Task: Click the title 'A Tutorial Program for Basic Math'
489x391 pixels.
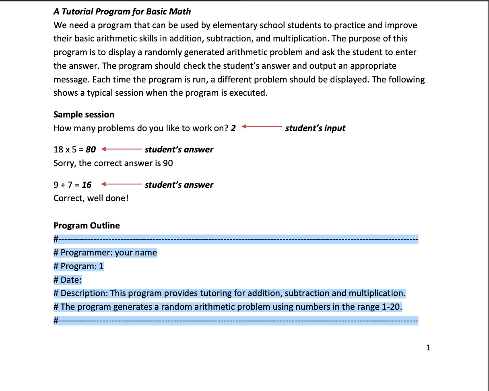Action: click(122, 11)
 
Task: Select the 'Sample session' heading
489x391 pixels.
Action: click(84, 115)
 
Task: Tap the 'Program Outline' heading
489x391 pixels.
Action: click(87, 226)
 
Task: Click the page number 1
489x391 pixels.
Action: click(428, 347)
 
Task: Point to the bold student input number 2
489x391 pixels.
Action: click(233, 128)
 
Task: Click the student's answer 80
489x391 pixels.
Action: click(91, 150)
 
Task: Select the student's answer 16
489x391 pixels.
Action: click(87, 185)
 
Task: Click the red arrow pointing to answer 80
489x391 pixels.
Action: click(120, 150)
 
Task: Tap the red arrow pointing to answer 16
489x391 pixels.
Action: click(120, 185)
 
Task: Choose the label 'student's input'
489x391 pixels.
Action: click(315, 128)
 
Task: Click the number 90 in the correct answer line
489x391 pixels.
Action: click(168, 163)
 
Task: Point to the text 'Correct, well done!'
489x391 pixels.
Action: click(91, 198)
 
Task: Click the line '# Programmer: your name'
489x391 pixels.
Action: click(105, 253)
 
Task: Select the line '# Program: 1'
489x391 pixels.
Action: click(78, 266)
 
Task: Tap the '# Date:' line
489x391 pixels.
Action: click(68, 280)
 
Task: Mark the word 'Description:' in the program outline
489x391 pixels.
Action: click(84, 293)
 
